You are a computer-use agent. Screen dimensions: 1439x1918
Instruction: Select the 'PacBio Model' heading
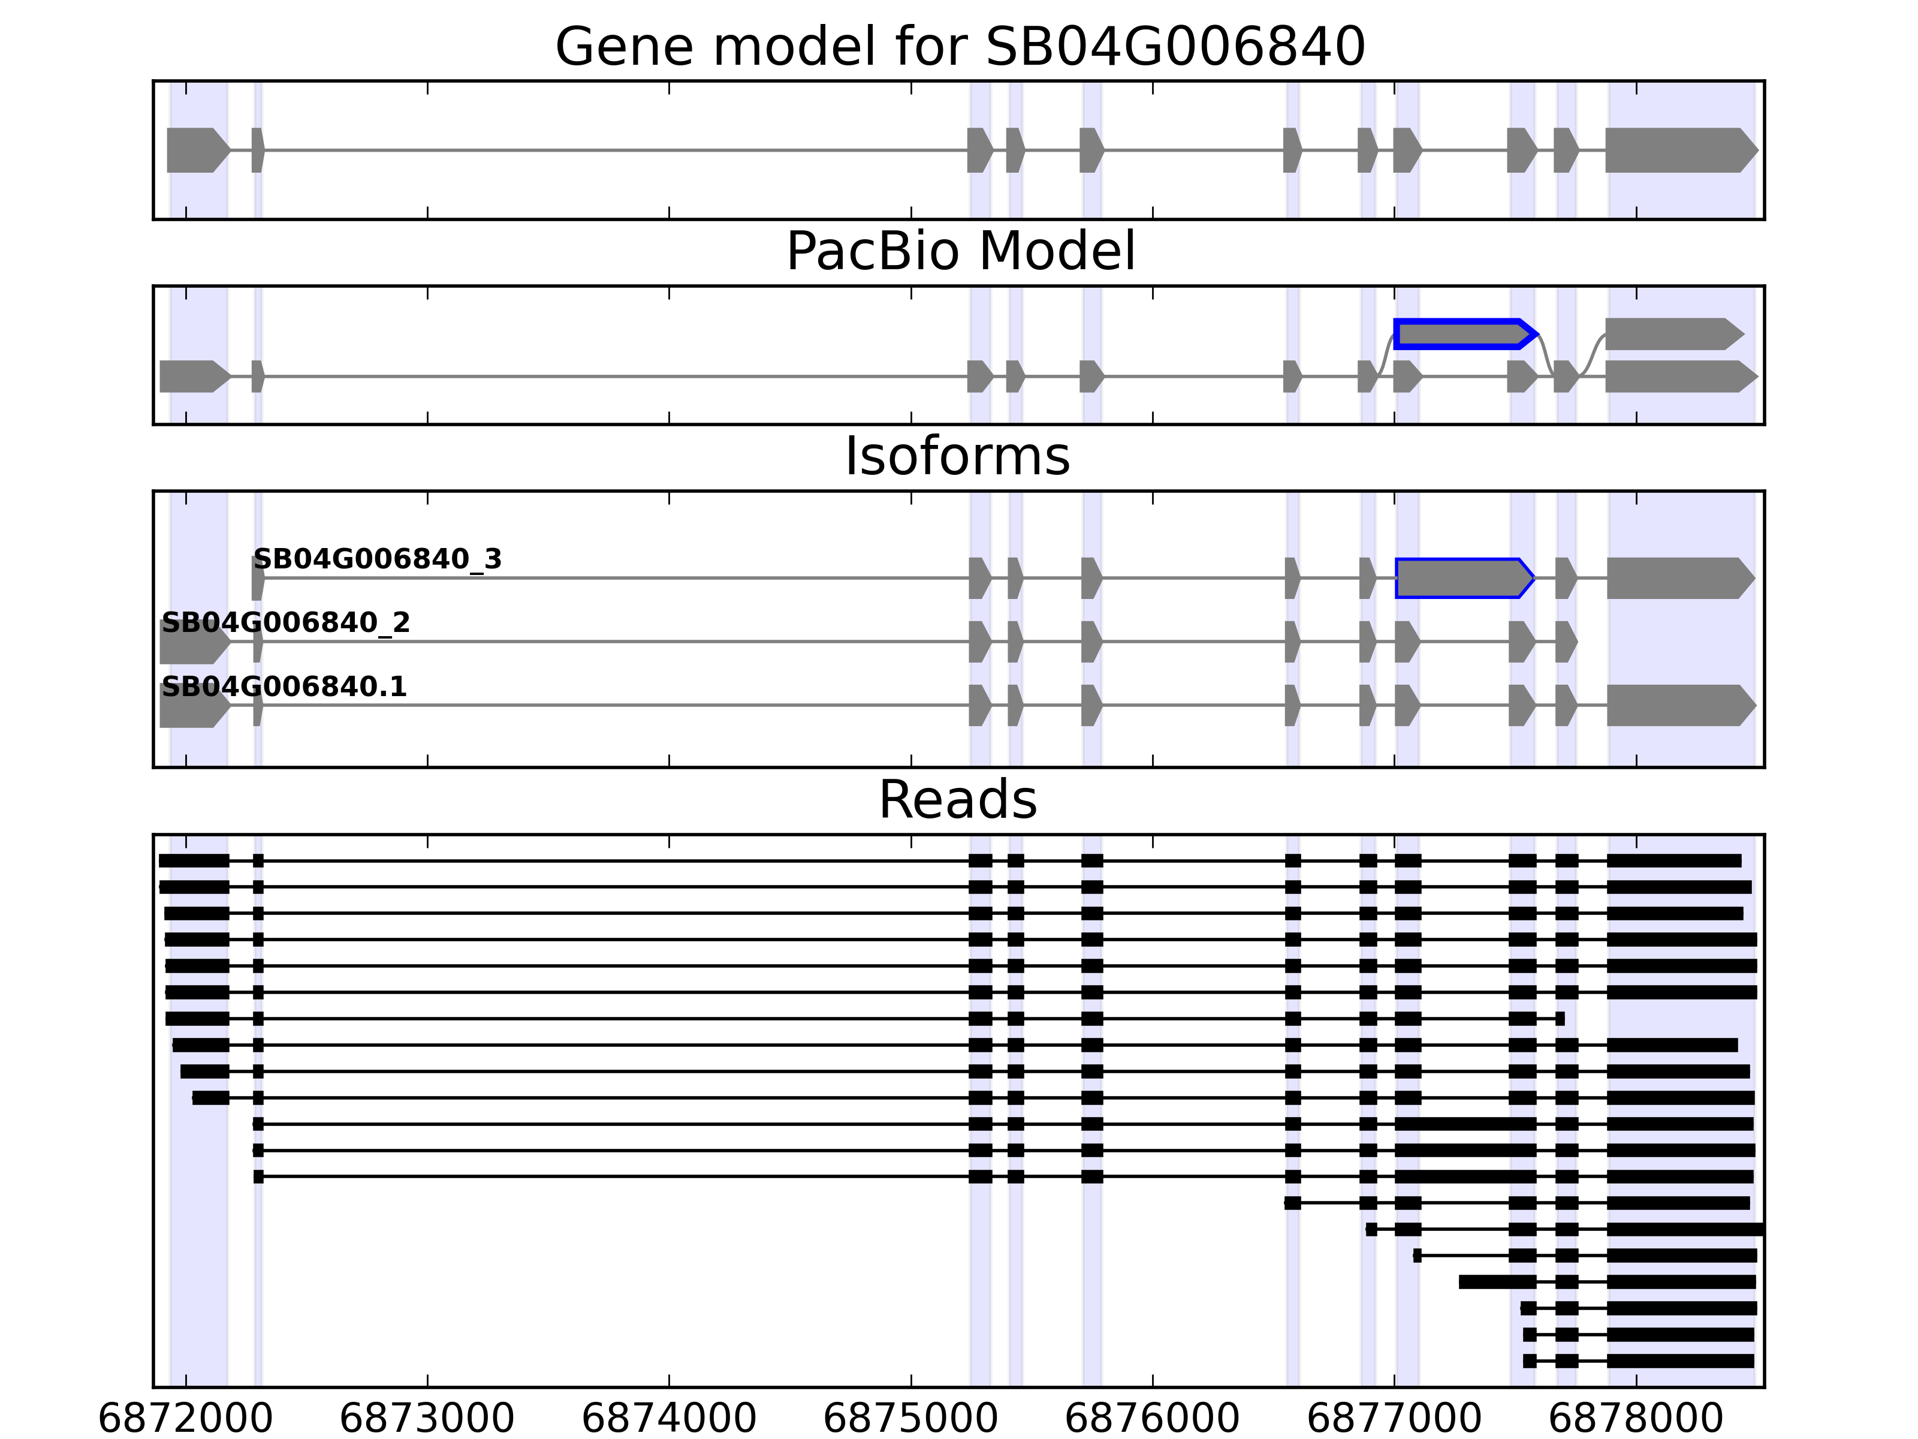[959, 252]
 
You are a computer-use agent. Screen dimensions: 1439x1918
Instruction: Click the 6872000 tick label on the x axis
[186, 1419]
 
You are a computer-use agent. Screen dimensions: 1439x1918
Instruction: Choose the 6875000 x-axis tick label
[910, 1419]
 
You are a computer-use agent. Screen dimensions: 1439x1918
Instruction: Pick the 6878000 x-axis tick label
[1635, 1419]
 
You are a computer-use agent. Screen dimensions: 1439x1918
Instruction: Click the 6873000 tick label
[427, 1419]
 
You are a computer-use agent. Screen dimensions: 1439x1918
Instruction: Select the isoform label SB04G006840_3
[377, 559]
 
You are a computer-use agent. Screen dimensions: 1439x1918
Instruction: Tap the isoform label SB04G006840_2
[285, 623]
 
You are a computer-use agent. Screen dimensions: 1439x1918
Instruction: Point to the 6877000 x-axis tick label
[1394, 1419]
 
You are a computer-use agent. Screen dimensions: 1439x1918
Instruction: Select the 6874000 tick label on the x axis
[668, 1419]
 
